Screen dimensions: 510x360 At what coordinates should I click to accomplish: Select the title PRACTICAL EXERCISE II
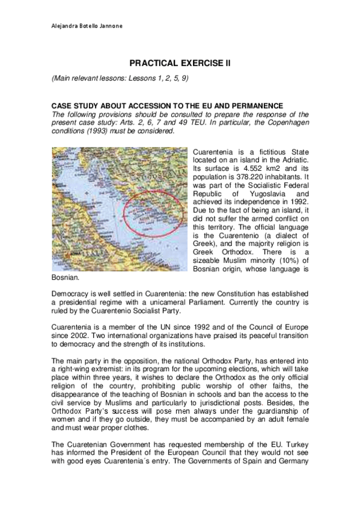(x=180, y=63)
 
